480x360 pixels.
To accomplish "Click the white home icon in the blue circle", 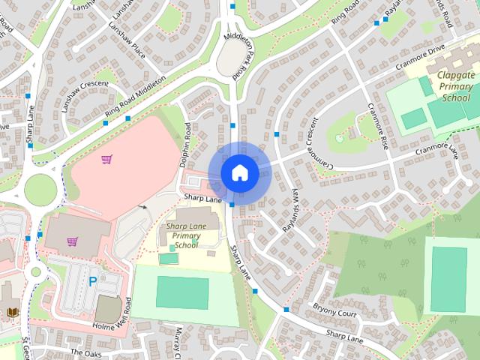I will [239, 173].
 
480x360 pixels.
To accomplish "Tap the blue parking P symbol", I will [93, 282].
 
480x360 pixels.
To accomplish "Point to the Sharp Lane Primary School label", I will [181, 235].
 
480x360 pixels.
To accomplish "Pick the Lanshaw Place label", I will [125, 34].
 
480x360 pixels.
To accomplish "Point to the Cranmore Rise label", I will [376, 121].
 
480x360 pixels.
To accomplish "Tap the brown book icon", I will [10, 311].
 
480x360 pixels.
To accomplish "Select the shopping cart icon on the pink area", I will [107, 159].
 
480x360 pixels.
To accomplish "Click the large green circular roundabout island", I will [41, 189].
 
